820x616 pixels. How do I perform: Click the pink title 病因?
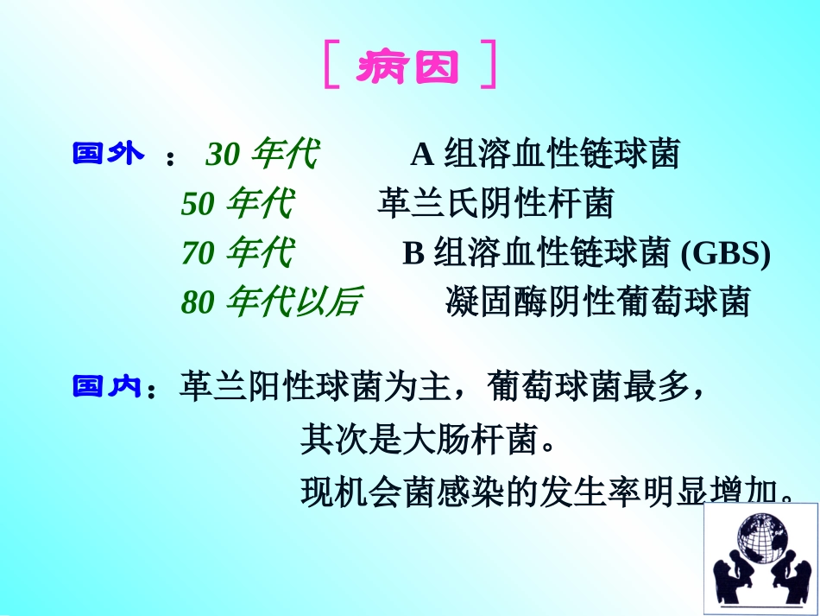[409, 66]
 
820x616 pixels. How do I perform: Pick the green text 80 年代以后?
[271, 302]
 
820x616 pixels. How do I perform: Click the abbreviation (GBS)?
[725, 253]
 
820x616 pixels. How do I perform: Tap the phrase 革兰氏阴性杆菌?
[495, 205]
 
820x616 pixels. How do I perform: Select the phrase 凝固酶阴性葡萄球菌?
[597, 302]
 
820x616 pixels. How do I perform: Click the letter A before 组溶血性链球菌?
[421, 156]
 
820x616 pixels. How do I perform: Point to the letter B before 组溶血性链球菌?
[413, 253]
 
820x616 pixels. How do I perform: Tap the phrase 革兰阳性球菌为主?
[314, 389]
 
